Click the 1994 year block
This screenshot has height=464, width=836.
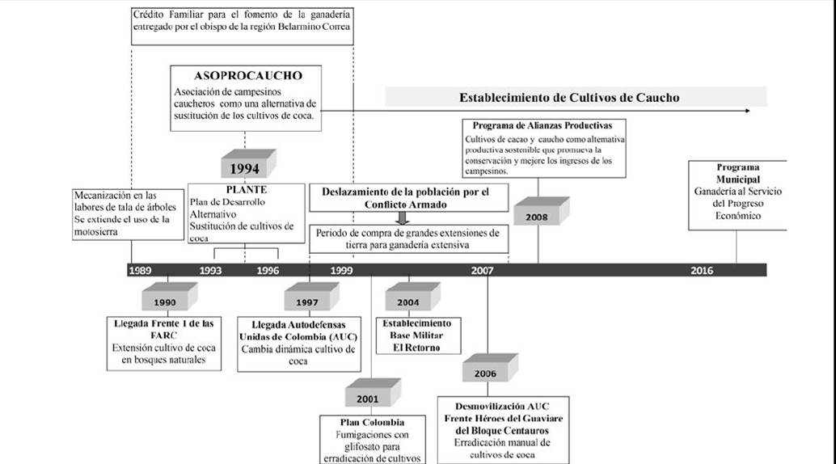coord(244,169)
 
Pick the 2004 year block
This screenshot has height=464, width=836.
coord(408,302)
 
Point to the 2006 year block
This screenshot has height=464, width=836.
coord(485,373)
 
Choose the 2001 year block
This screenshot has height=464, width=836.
coord(368,399)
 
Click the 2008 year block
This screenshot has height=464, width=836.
coord(537,216)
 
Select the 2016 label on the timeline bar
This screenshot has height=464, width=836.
coord(702,270)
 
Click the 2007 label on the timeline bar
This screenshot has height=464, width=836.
coord(483,270)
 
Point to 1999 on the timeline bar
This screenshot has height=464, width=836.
coord(340,270)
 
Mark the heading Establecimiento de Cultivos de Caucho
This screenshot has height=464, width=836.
coord(569,97)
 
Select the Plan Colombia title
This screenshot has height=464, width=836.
coord(372,422)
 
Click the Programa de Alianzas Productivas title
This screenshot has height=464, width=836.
coord(537,125)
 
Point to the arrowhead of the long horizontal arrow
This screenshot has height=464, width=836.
coord(746,111)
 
